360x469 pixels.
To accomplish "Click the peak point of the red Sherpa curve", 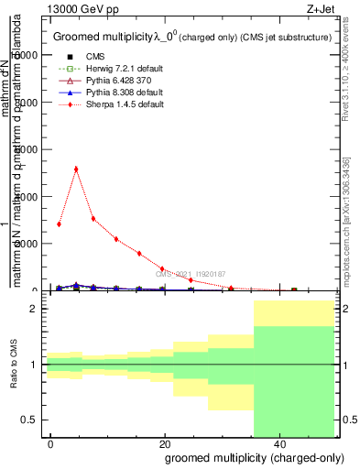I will (76, 169).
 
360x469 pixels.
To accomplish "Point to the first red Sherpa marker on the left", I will (59, 224).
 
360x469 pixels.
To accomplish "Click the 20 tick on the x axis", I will (165, 443).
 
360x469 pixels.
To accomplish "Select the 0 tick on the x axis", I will (51, 443).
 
